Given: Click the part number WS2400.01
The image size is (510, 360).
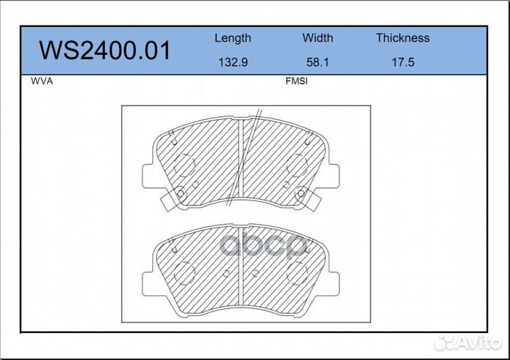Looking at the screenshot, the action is pos(105,50).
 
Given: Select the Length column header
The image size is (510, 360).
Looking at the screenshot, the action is pos(233,38).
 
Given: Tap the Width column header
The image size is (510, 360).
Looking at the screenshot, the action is pos(317,38).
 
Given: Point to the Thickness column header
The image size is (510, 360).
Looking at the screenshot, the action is pos(402,38).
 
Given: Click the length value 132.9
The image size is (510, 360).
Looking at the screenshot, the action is pos(233,62).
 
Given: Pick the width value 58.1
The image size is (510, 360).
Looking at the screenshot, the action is pos(317,62).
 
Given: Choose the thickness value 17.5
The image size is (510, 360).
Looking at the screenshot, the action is pos(402,62).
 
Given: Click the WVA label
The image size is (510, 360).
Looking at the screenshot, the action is pos(42,81).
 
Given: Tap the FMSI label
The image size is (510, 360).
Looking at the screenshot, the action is pos(296,81).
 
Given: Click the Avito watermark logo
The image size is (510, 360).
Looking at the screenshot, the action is pos(468,342).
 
